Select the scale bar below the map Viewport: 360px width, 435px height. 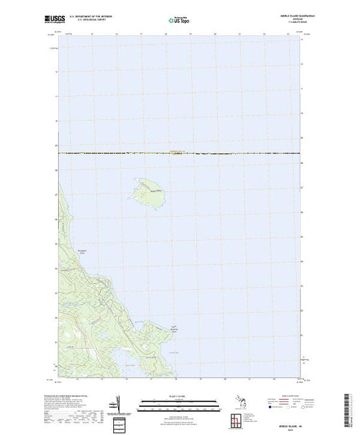[179, 400]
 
